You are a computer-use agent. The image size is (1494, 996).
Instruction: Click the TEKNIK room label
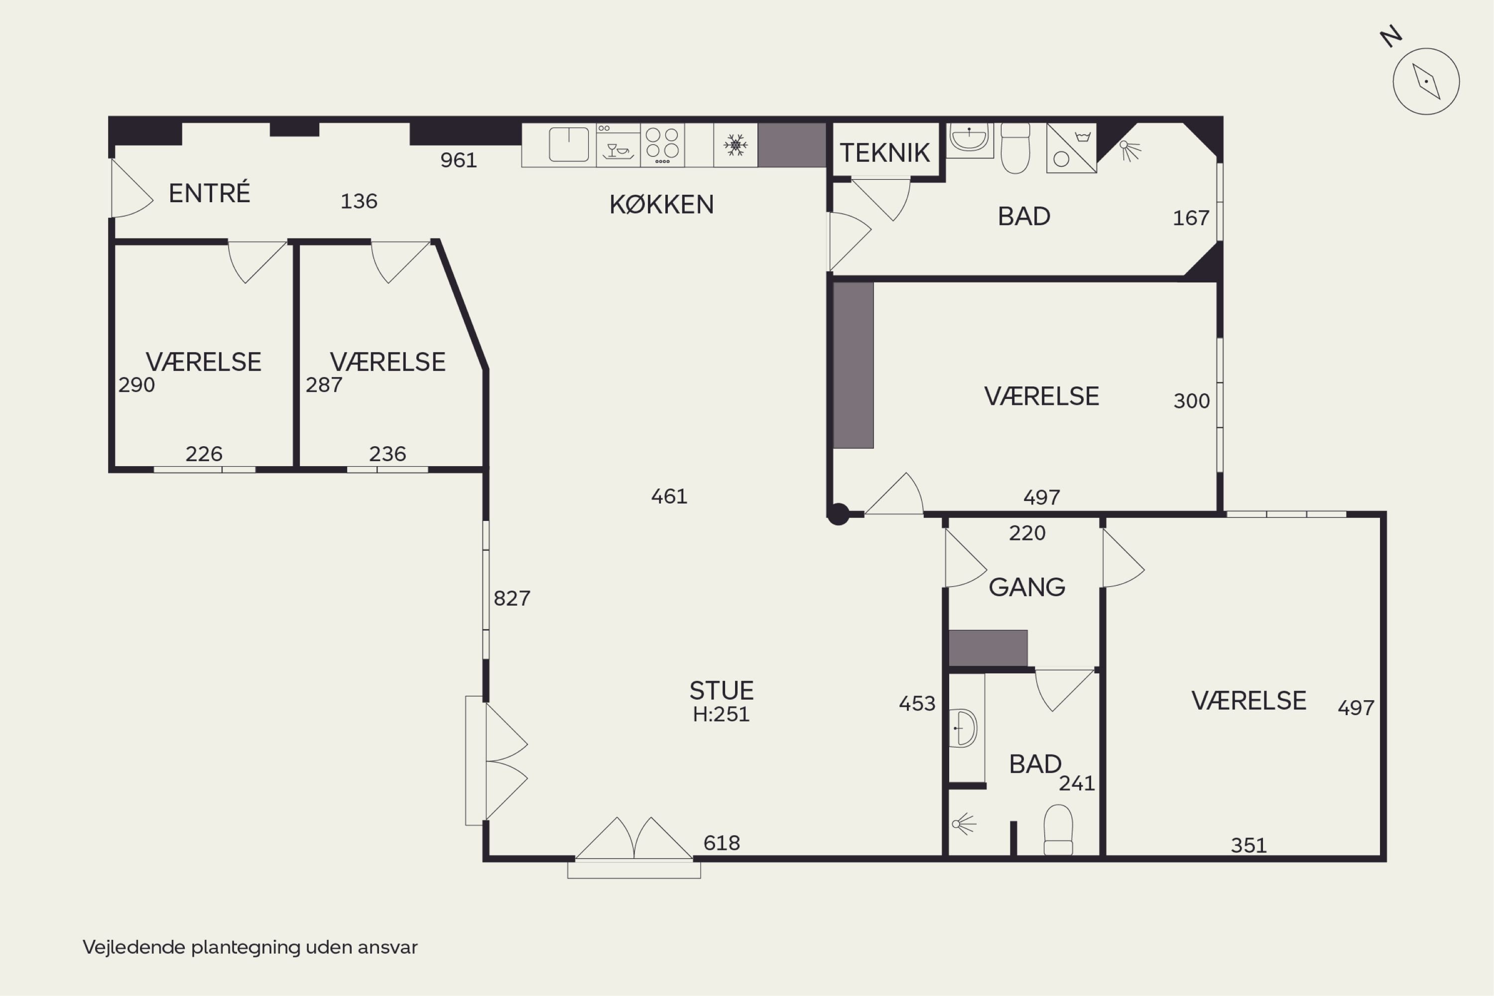884,153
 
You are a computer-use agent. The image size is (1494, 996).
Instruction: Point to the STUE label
722,690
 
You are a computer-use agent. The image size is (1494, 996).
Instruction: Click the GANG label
1027,587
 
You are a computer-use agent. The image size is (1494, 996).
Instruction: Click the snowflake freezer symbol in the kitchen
736,145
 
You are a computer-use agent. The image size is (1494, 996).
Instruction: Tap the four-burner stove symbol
662,145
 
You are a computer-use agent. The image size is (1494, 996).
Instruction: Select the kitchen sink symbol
569,144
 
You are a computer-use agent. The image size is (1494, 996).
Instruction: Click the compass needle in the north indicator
1426,81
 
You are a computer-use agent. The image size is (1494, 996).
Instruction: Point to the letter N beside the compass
1391,37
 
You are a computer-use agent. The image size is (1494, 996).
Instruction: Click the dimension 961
459,160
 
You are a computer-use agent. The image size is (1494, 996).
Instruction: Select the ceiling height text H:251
721,715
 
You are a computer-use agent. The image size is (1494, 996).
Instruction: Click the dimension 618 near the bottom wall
722,843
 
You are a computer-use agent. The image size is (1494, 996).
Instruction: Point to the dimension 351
1249,846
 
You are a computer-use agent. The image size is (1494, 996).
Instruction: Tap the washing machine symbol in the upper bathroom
1072,148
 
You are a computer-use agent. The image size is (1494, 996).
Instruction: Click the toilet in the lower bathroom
1058,830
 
